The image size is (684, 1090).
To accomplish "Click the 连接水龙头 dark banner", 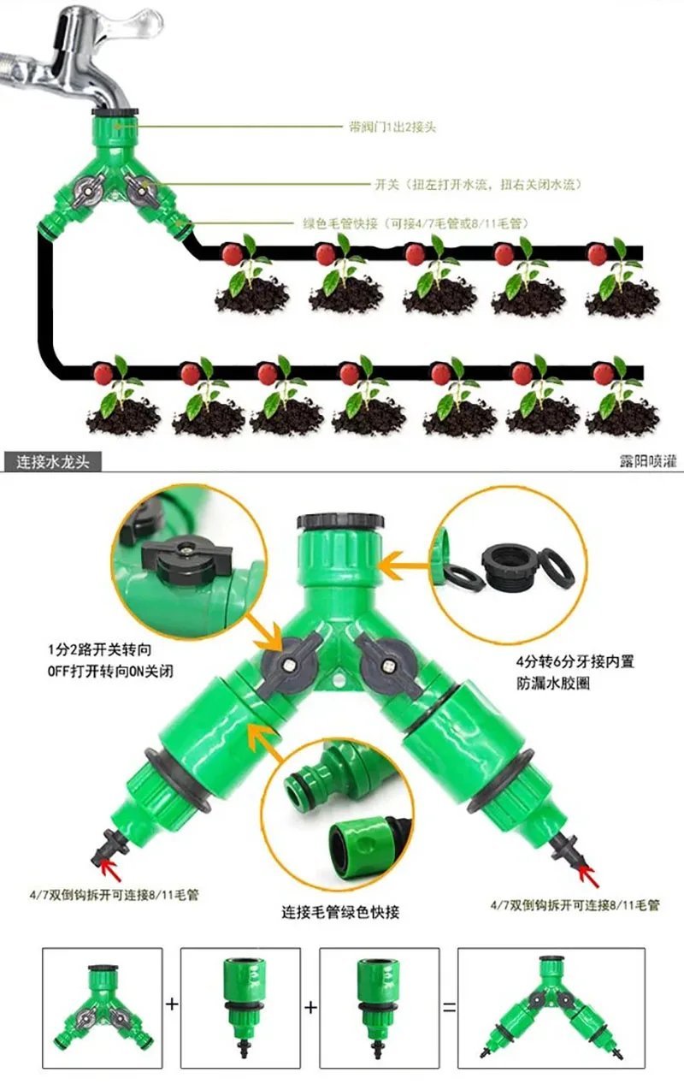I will (x=52, y=462).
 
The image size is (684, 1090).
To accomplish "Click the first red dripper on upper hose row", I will (x=230, y=253).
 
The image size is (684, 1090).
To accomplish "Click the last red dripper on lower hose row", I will (x=604, y=373).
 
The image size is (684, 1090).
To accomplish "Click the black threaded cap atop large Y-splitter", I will (x=341, y=522).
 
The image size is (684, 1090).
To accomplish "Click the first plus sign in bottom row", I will (x=172, y=1004).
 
